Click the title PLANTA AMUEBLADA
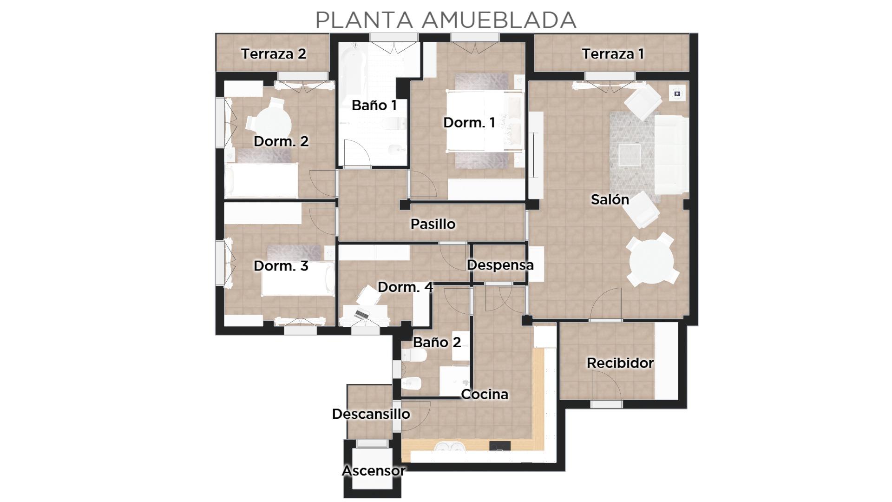pyautogui.click(x=446, y=20)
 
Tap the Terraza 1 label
pyautogui.click(x=613, y=54)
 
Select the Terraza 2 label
pyautogui.click(x=274, y=54)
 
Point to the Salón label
pyautogui.click(x=610, y=199)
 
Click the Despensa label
pyautogui.click(x=500, y=265)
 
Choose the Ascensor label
pyautogui.click(x=374, y=471)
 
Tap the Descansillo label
pyautogui.click(x=371, y=414)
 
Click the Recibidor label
pyautogui.click(x=620, y=363)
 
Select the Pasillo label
pyautogui.click(x=433, y=224)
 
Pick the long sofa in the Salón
pyautogui.click(x=671, y=154)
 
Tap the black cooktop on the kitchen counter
pyautogui.click(x=500, y=446)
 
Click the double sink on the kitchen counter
pyautogui.click(x=450, y=447)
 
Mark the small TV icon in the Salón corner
pyautogui.click(x=677, y=94)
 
